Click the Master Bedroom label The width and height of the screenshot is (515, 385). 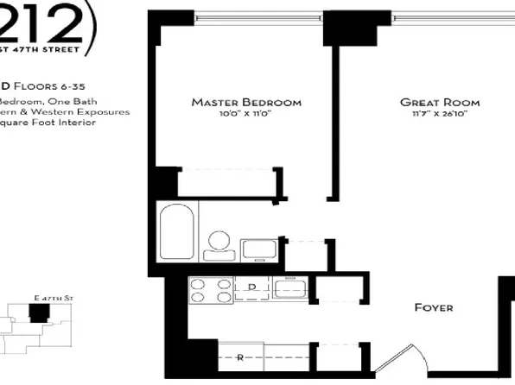pyautogui.click(x=246, y=103)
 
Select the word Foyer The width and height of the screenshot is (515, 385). pyautogui.click(x=434, y=307)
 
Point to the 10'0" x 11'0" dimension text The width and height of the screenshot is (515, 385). pyautogui.click(x=246, y=115)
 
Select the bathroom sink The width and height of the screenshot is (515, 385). pyautogui.click(x=258, y=249)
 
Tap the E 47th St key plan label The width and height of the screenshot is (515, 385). pyautogui.click(x=53, y=298)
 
